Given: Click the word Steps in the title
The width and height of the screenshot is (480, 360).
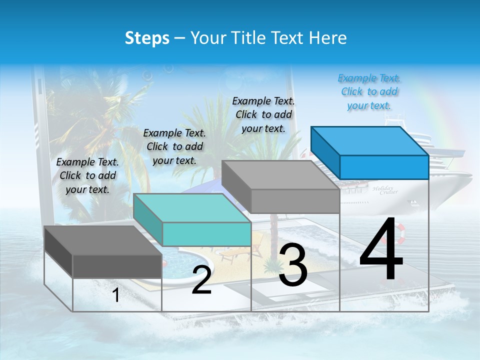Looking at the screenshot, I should click(x=147, y=38).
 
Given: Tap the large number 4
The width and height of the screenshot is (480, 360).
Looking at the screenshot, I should click(x=381, y=250).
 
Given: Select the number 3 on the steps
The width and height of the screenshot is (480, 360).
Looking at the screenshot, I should click(x=293, y=266).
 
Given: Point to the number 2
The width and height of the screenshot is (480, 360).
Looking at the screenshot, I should click(x=201, y=280).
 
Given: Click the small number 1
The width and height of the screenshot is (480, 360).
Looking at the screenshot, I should click(x=115, y=295).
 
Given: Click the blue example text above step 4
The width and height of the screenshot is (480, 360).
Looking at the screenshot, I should click(x=369, y=91).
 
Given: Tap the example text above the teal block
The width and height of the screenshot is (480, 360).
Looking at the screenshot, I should click(x=174, y=146).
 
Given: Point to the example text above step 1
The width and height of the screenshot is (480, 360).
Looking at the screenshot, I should click(x=87, y=175).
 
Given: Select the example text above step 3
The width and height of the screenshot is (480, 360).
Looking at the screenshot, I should click(x=263, y=114).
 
